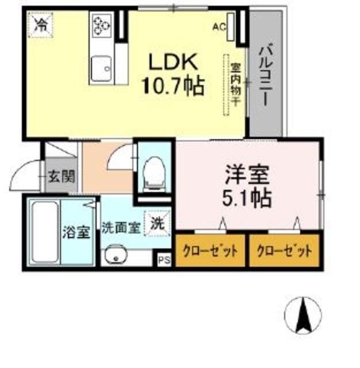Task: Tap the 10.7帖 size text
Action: pyautogui.click(x=173, y=86)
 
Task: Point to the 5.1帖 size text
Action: pyautogui.click(x=247, y=198)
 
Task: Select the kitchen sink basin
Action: pyautogui.click(x=102, y=68)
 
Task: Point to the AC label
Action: pyautogui.click(x=219, y=26)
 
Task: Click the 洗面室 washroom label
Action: pyautogui.click(x=120, y=227)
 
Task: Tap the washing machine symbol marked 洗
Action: pyautogui.click(x=156, y=224)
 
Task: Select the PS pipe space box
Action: pyautogui.click(x=164, y=260)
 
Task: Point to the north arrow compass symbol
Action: pyautogui.click(x=303, y=315)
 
